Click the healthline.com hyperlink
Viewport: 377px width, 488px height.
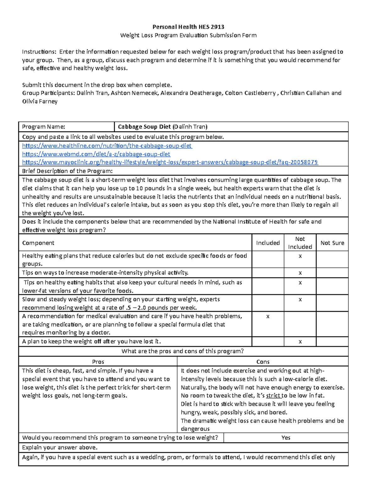click(x=107, y=146)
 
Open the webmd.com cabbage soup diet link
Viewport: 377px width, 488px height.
click(x=96, y=154)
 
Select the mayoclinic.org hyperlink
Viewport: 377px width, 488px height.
click(x=170, y=162)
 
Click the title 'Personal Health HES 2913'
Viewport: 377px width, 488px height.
click(x=188, y=27)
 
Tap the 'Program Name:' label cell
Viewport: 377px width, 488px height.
click(x=44, y=127)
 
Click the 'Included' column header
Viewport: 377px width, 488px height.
click(x=268, y=243)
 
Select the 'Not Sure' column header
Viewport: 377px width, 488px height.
click(x=332, y=243)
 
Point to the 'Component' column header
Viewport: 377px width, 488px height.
click(x=38, y=243)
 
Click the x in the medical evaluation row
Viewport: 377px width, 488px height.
click(x=268, y=316)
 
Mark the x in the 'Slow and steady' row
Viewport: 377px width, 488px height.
click(x=300, y=299)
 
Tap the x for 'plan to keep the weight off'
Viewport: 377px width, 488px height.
click(x=300, y=342)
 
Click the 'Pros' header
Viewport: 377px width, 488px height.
click(x=98, y=362)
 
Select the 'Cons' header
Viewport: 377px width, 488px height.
click(x=263, y=362)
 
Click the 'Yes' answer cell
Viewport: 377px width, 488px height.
click(x=286, y=438)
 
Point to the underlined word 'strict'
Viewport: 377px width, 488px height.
click(x=273, y=396)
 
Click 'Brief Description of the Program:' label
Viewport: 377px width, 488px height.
click(x=67, y=171)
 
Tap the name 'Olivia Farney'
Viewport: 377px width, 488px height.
click(x=40, y=101)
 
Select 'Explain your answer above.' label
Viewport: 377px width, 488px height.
click(x=60, y=447)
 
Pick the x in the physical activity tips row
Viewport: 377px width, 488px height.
click(x=300, y=273)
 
